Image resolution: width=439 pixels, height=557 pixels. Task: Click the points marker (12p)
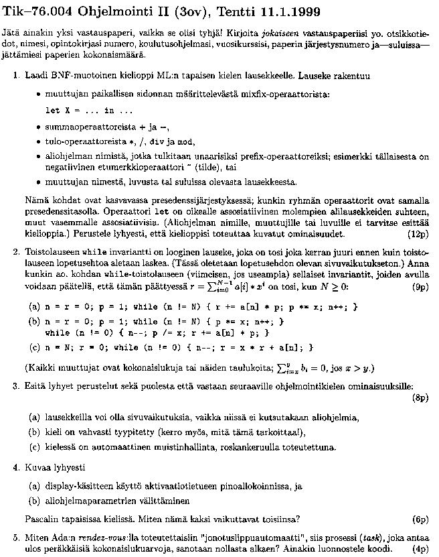pos(418,235)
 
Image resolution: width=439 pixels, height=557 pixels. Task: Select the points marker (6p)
pos(420,519)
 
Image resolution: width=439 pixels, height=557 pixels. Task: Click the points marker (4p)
pos(420,548)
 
